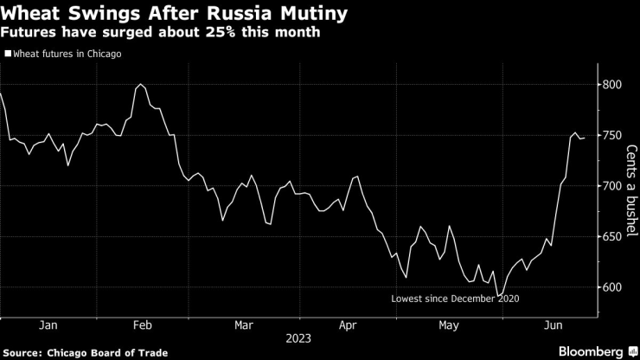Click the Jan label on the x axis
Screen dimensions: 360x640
[x=48, y=325]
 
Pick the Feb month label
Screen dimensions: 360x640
[x=144, y=325]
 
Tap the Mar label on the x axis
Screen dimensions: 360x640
[x=245, y=325]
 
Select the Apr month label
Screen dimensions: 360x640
[x=348, y=325]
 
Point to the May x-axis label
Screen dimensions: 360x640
[x=449, y=325]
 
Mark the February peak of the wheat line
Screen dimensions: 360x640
[x=140, y=85]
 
